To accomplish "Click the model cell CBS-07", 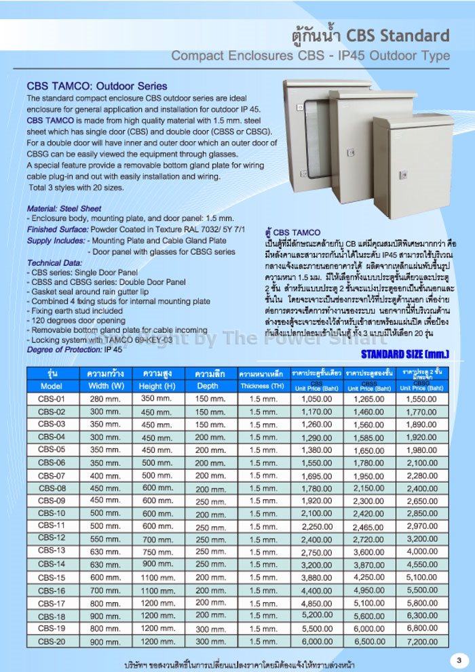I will pos(52,475).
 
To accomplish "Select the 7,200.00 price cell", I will pos(421,641).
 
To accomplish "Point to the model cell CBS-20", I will pos(52,641).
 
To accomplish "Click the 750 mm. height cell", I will pos(157,551).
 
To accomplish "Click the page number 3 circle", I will pos(458,660).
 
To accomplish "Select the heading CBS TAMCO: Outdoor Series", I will pos(96,86).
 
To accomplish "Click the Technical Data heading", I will pos(54,262).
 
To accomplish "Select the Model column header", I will pos(52,386).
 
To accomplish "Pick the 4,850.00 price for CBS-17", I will pos(316,603).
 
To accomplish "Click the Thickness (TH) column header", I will pos(263,386).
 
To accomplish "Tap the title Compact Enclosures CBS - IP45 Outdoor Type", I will pos(310,56).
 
